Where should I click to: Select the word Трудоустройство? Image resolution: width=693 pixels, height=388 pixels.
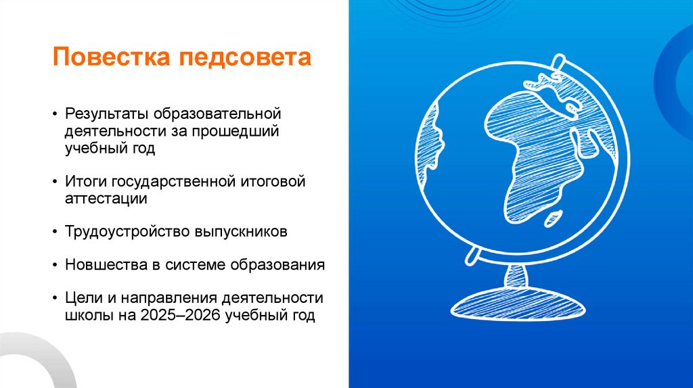click(118, 231)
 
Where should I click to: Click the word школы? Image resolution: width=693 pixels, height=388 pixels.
click(85, 315)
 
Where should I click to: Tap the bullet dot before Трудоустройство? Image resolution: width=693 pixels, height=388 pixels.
click(55, 232)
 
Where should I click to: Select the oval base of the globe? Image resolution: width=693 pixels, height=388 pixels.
click(516, 304)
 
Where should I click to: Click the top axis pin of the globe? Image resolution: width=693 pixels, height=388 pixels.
click(557, 62)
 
